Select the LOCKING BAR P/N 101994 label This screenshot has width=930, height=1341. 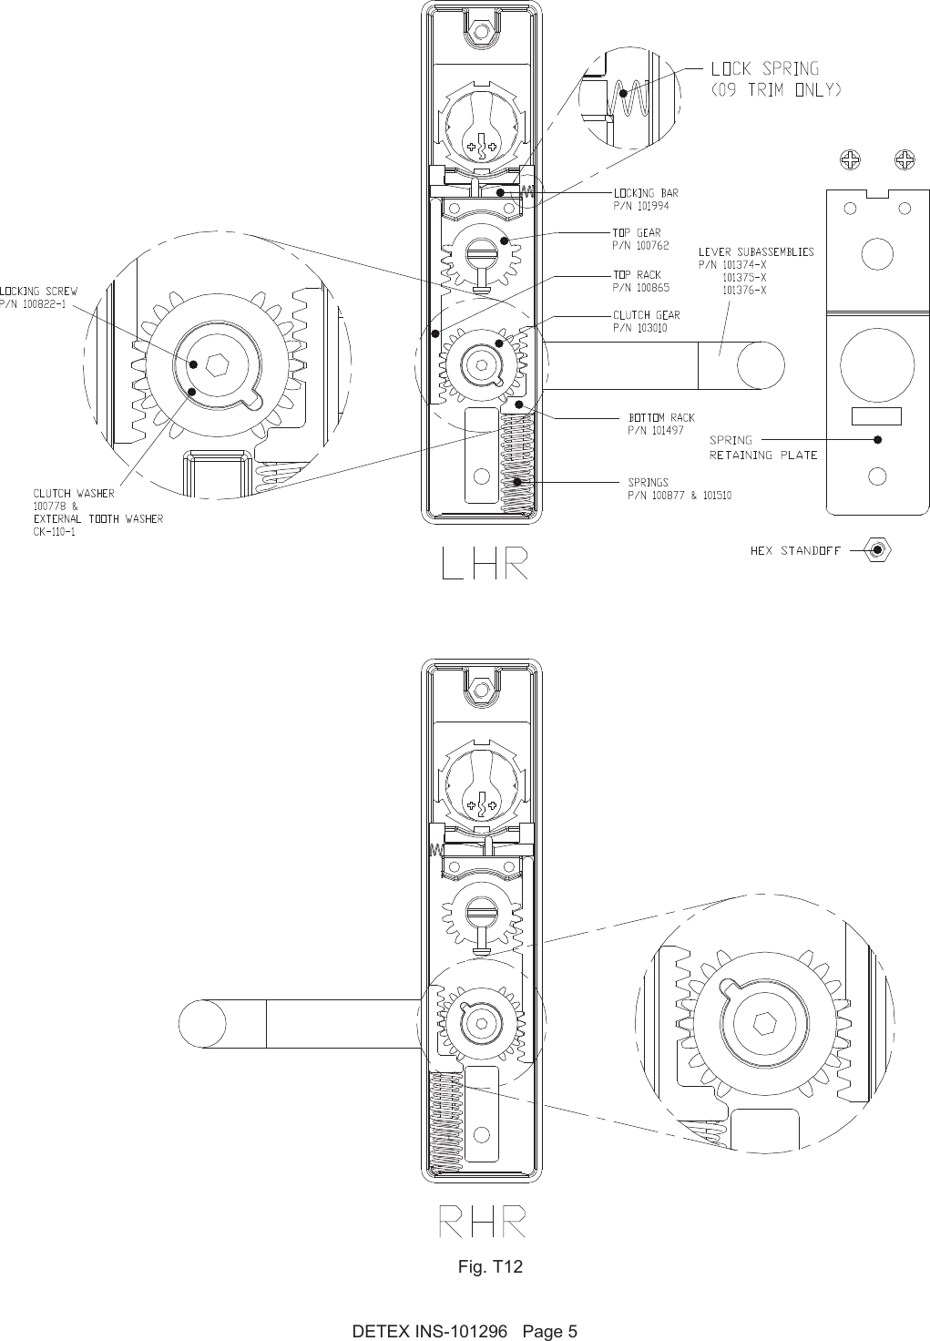pyautogui.click(x=645, y=199)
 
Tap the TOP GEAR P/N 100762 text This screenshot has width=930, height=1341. pyautogui.click(x=639, y=239)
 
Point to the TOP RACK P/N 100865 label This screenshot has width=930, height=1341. pyautogui.click(x=640, y=281)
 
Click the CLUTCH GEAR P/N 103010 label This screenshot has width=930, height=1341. pyautogui.click(x=645, y=322)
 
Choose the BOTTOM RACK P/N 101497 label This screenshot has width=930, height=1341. pyautogui.click(x=660, y=424)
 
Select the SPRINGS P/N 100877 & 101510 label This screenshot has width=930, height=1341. pyautogui.click(x=679, y=489)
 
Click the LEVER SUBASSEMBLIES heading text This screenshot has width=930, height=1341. pyautogui.click(x=755, y=251)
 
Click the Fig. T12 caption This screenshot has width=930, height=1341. pyautogui.click(x=490, y=1267)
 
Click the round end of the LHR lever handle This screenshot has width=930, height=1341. pyautogui.click(x=760, y=365)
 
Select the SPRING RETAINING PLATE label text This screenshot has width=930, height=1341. pyautogui.click(x=763, y=447)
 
